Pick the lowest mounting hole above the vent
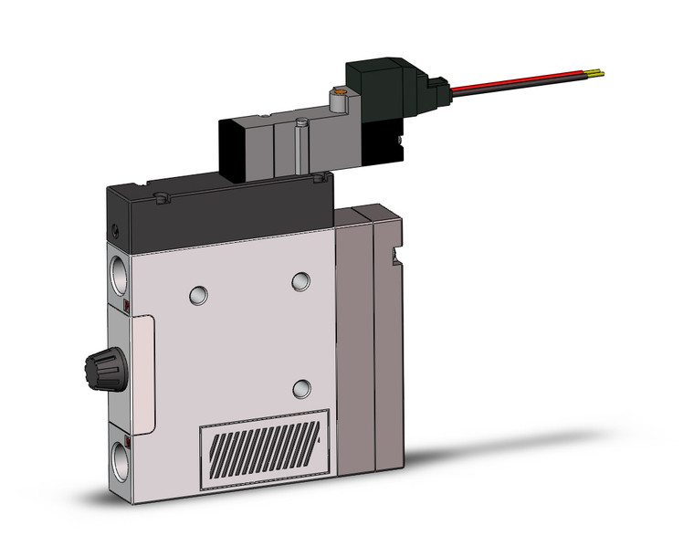(300, 390)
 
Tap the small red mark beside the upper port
(127, 302)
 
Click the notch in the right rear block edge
(396, 253)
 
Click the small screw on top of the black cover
(161, 196)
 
